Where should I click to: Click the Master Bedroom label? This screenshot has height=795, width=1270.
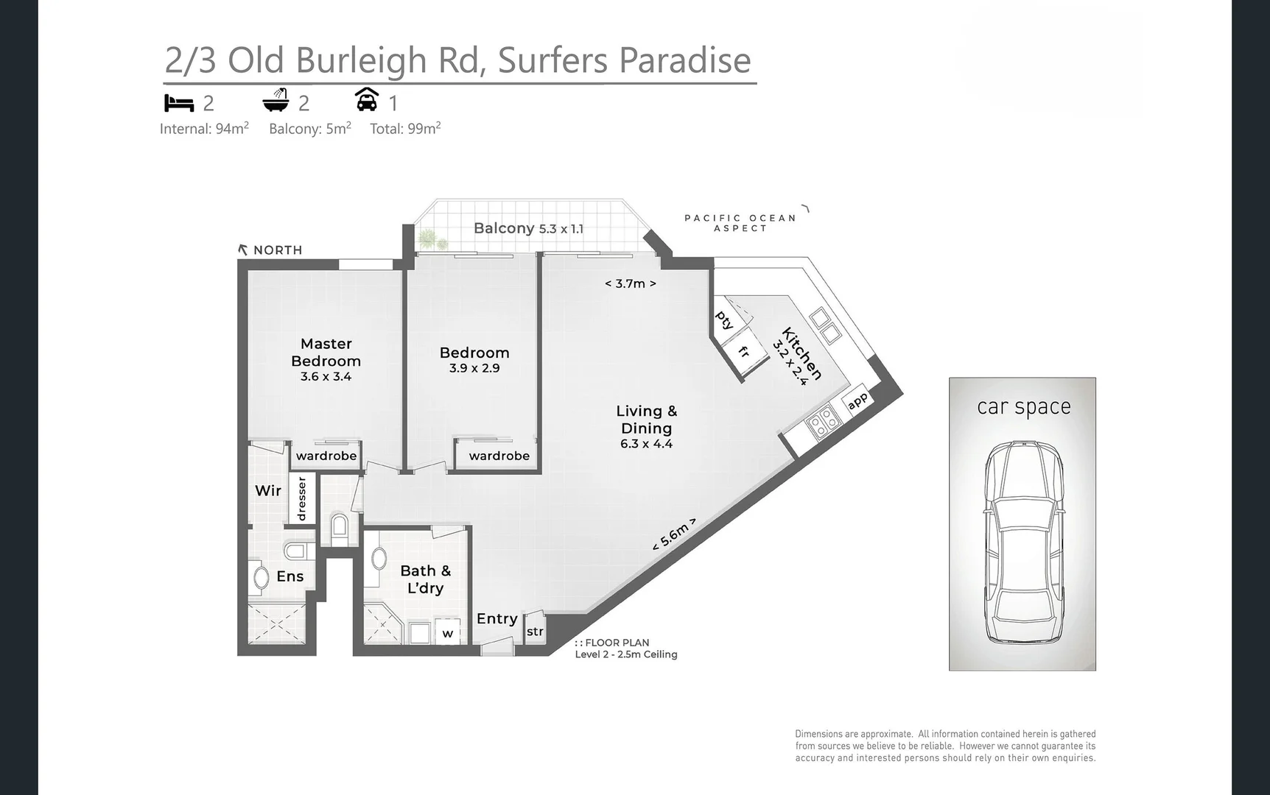click(x=326, y=352)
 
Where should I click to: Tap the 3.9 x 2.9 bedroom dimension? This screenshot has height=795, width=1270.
click(x=474, y=368)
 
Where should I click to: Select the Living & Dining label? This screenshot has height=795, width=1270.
click(x=646, y=420)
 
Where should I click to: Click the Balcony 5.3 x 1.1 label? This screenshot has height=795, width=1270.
click(x=528, y=228)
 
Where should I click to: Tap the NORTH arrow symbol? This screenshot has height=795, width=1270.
click(x=243, y=250)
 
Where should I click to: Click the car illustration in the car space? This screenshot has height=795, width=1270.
click(x=1023, y=543)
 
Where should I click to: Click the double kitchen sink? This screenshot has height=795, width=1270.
click(x=825, y=326)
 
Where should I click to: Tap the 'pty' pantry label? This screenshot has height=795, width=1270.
click(x=724, y=320)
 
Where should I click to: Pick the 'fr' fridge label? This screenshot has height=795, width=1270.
click(x=744, y=353)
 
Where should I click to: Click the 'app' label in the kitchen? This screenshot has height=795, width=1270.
click(x=857, y=401)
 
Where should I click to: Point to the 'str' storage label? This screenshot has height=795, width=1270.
click(x=535, y=632)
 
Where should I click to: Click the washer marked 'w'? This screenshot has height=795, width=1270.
click(x=447, y=633)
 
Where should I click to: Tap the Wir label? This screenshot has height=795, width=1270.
click(x=268, y=490)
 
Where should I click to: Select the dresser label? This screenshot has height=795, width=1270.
click(x=301, y=499)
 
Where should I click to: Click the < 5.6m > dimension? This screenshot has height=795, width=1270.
click(x=673, y=534)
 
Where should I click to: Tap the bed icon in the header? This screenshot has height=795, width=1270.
click(x=179, y=102)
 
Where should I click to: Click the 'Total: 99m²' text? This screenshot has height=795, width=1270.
click(x=405, y=129)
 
